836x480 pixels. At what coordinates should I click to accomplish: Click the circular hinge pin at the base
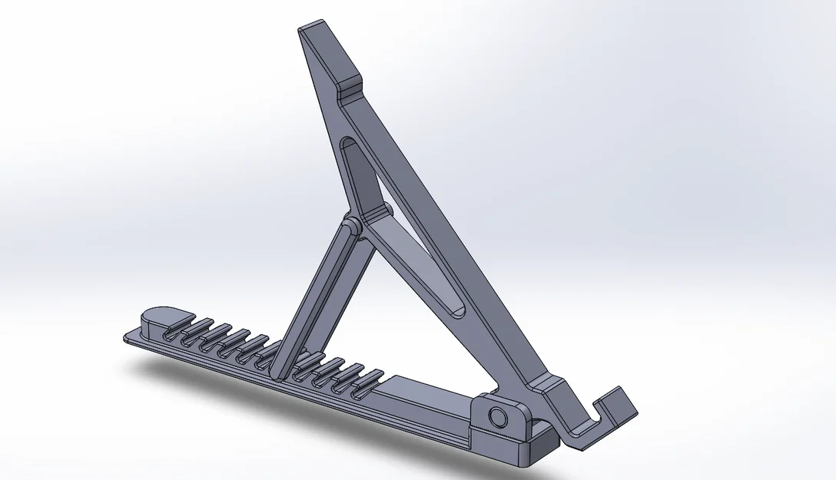[498, 418]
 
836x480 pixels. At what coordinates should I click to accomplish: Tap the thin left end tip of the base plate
[128, 338]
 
